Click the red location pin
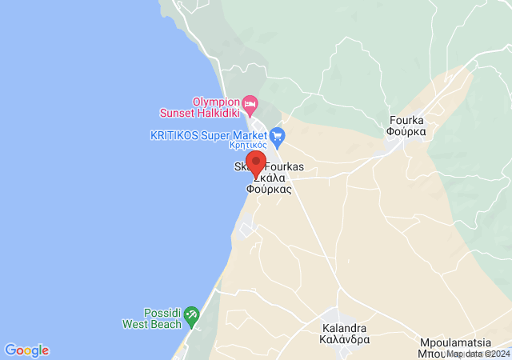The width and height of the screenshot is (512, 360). [x=256, y=162]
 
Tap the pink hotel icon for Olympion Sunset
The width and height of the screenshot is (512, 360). [x=250, y=102]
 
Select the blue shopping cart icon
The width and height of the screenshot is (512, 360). [x=278, y=135]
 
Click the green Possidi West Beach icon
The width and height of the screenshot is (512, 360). [x=191, y=318]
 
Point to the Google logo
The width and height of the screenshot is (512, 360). [x=26, y=350]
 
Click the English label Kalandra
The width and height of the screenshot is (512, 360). [x=344, y=328]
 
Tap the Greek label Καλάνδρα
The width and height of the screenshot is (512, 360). [x=344, y=339]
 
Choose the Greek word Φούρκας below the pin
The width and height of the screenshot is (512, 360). [x=269, y=191]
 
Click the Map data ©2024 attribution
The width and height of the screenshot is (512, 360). [x=478, y=354]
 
